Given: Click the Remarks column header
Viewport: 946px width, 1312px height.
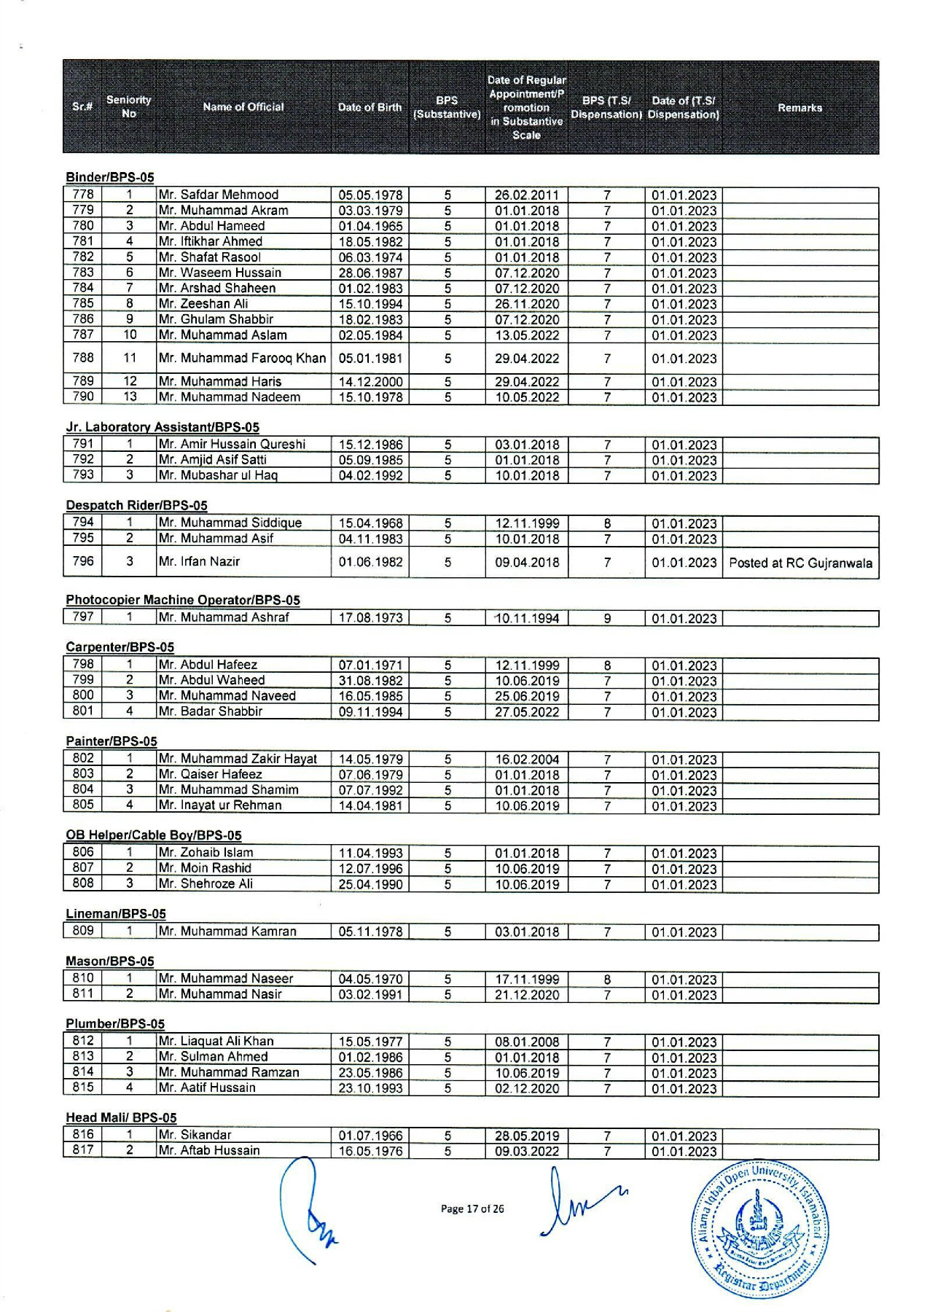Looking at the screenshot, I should (800, 108).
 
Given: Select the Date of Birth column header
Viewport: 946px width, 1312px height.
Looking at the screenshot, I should (370, 108).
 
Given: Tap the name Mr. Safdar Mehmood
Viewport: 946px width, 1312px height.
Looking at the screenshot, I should (219, 195).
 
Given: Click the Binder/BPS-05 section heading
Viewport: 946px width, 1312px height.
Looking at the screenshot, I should (110, 177).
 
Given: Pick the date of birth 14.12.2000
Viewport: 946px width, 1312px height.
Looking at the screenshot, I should (370, 381).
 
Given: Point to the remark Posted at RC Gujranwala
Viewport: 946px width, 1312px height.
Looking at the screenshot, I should (800, 563).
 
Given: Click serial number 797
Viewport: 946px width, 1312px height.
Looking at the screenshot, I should (83, 617).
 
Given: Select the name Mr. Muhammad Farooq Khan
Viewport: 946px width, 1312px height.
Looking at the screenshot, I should (242, 358).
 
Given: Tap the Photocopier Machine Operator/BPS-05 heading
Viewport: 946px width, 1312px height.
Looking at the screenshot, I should (183, 600).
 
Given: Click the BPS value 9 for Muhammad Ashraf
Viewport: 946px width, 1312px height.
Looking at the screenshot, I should (607, 619).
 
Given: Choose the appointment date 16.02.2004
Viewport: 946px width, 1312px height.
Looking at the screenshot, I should (527, 760).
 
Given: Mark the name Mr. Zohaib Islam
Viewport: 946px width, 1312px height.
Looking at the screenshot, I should (206, 853).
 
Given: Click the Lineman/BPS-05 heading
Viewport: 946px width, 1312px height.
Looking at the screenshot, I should (116, 914).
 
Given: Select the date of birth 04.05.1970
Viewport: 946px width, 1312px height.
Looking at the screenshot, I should (370, 979).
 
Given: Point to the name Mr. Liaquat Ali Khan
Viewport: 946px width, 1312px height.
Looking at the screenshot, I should (216, 1041).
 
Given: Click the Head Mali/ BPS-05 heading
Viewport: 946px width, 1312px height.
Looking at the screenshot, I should (121, 1117).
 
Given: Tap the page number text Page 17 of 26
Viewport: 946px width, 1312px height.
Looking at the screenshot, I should (472, 1208).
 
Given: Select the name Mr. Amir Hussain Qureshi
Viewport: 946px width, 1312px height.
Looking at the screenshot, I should (232, 445).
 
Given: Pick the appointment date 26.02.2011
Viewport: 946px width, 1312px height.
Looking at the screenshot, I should (527, 195).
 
